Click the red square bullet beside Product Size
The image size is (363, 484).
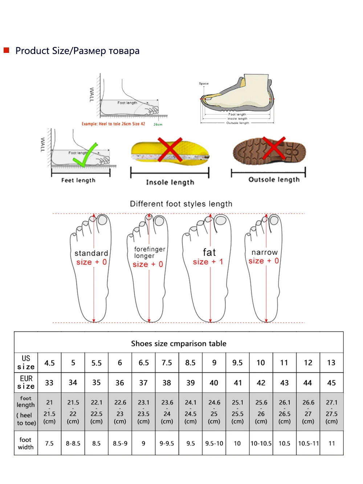coord(6,50)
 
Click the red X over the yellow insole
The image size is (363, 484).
coord(170,149)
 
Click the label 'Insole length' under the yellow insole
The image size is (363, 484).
coord(170,182)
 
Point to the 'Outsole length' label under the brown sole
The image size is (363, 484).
coord(274,180)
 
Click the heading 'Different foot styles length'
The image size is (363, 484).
coord(181,204)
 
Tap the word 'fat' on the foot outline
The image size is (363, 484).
coord(209,252)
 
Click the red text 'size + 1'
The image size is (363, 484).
coord(208,262)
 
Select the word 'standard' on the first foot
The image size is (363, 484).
coord(91,253)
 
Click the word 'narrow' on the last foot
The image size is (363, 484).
coord(265,252)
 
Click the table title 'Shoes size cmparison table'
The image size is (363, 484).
coord(179,343)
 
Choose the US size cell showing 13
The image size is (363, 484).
coord(331,363)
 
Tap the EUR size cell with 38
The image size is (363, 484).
coord(167,383)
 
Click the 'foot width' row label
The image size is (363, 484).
coord(26,443)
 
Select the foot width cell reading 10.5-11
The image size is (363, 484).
coord(308,443)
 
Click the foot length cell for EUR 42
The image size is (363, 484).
coord(261,412)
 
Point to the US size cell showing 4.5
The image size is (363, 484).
coord(49,363)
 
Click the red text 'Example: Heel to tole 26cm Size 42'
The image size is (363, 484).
coord(113,124)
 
